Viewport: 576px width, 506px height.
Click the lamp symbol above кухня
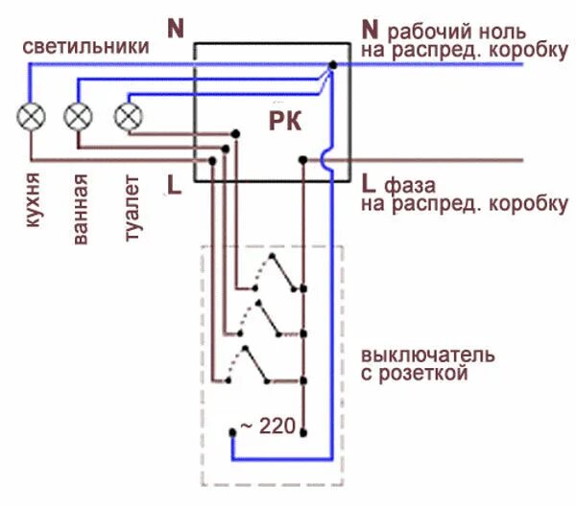(33, 118)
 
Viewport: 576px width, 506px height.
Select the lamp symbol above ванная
(79, 118)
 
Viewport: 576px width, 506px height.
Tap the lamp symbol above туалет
(128, 117)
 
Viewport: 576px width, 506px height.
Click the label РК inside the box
(284, 122)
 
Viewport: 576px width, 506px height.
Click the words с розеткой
(415, 375)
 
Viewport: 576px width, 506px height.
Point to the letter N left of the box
(175, 29)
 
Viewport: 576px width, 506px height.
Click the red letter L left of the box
(174, 184)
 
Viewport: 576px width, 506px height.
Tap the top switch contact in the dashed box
(276, 278)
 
